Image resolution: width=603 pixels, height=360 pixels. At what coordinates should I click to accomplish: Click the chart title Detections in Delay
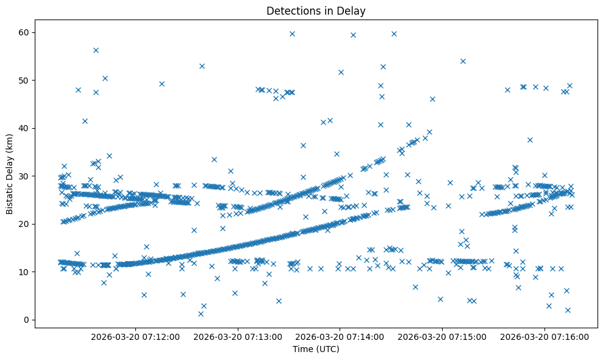pos(316,10)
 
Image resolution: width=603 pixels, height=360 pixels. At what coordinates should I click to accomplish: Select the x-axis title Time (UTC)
pos(316,349)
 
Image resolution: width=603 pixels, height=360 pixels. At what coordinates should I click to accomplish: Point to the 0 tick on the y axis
pos(27,320)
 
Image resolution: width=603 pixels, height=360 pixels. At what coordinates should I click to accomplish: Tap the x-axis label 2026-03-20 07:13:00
pos(238,336)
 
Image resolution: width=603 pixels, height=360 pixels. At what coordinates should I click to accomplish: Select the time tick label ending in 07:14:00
pos(340,336)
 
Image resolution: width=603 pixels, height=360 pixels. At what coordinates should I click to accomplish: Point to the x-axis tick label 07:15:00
pos(443,336)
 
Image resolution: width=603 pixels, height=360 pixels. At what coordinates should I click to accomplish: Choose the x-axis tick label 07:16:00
pos(545,336)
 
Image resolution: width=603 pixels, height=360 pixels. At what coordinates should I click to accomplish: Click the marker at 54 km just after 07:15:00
pos(463,61)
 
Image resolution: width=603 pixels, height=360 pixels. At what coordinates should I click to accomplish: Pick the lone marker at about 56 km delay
pos(96,50)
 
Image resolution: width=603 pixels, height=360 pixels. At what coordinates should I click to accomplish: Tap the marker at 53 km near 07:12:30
pos(202,66)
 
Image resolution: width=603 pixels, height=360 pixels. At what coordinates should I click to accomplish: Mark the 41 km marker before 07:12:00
pos(85,121)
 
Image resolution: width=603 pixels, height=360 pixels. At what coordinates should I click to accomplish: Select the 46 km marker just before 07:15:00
pos(432,99)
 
